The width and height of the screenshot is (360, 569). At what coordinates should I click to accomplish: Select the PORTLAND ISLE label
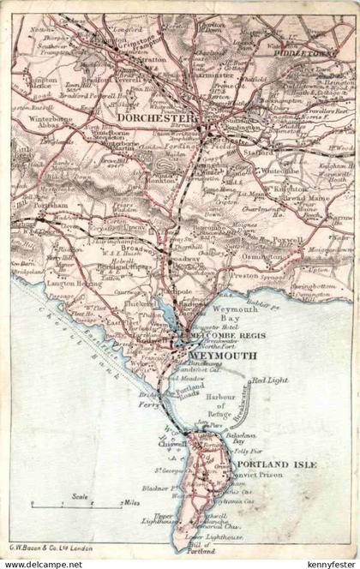276,464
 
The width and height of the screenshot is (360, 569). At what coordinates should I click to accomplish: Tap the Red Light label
267,379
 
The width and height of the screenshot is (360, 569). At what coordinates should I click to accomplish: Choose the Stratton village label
155,61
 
